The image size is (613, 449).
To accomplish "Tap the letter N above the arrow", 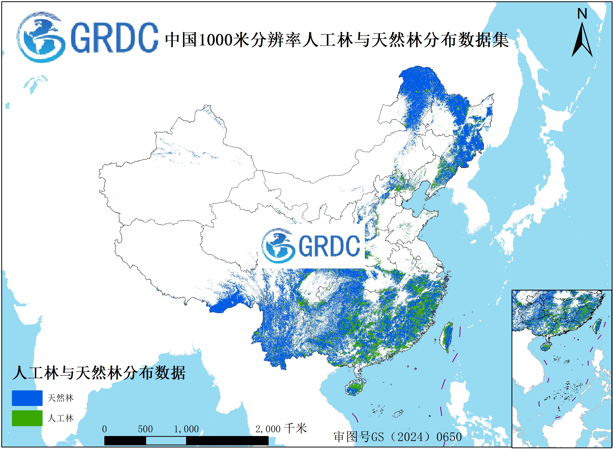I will (582, 13).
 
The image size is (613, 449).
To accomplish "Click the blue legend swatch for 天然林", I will (27, 398).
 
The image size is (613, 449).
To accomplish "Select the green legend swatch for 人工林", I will (27, 418).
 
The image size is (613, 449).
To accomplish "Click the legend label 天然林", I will (60, 398).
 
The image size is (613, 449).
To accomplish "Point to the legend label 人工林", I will (60, 418).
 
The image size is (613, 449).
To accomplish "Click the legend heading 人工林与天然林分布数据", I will (99, 373).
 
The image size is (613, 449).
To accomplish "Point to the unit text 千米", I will (295, 429).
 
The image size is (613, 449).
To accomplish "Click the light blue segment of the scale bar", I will (166, 440).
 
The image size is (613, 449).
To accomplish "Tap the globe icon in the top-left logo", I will (41, 37).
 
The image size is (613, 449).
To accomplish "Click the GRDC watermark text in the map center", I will (329, 246).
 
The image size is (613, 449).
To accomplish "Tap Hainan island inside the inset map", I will (545, 347).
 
